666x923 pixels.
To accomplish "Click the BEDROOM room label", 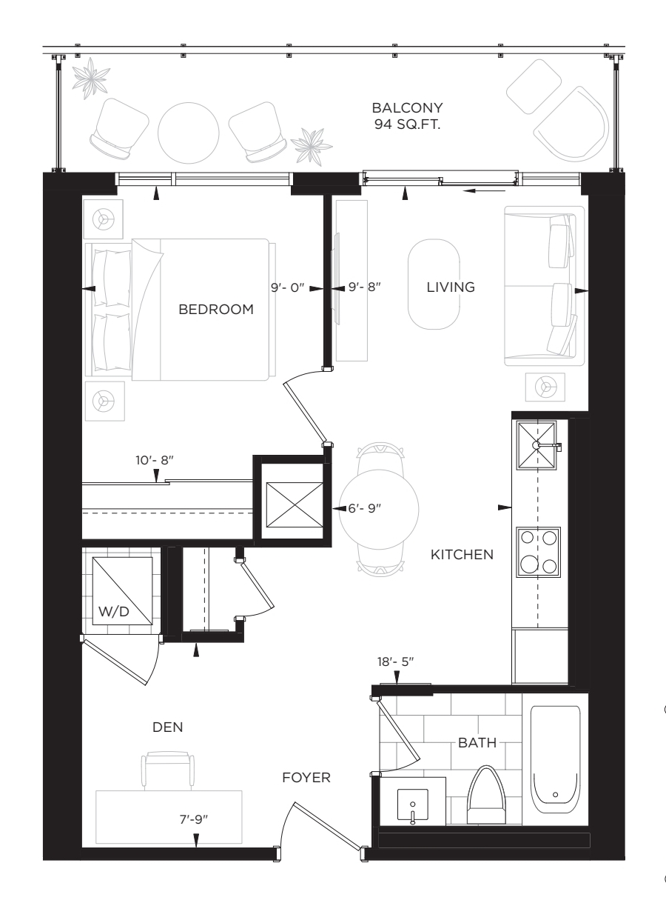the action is coord(216,309).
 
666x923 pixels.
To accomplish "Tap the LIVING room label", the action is coord(451,287).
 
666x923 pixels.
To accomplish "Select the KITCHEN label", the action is coord(462,555).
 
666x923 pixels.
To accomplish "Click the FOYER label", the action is coord(306,778).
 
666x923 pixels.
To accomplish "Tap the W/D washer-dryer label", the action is coord(114,611).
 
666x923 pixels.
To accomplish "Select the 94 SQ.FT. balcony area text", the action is coord(407,124).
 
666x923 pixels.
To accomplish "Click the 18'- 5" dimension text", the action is coord(396,662).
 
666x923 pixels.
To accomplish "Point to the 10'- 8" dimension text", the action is coord(155,460).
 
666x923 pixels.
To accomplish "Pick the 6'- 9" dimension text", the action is coord(365,508).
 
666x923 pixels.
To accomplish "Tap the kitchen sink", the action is coord(537,445).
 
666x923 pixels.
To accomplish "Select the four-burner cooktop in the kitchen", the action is coord(539,552).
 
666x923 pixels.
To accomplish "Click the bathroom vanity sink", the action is coord(412,804).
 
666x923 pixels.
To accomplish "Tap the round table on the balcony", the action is coord(189,133).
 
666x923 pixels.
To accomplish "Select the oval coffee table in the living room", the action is coord(434,284).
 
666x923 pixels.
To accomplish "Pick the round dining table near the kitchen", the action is coord(379,510).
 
